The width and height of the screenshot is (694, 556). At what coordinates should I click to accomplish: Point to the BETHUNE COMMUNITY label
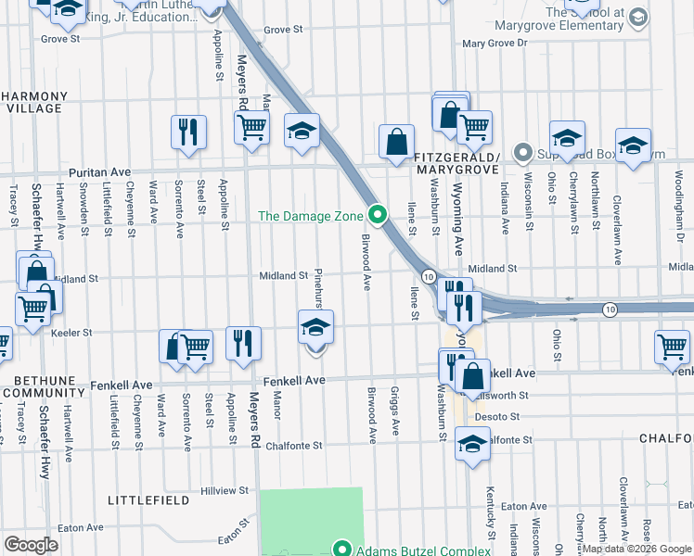click(36, 386)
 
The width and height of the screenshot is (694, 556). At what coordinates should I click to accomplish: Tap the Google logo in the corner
click(31, 545)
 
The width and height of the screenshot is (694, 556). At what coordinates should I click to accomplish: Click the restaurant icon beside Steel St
click(188, 131)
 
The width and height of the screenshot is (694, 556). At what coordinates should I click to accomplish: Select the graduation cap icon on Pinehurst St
click(315, 326)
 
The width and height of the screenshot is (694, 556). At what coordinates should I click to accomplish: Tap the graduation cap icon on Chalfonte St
click(472, 443)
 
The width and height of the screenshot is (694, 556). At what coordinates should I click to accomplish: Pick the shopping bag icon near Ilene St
click(396, 143)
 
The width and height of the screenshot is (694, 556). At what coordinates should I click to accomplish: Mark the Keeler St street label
click(74, 333)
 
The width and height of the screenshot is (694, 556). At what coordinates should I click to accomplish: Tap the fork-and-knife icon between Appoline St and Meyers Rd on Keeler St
click(243, 343)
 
